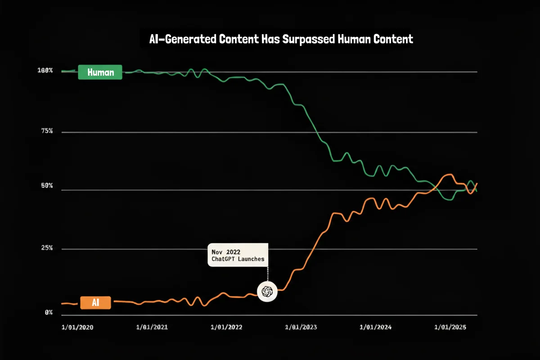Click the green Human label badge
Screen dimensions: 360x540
[x=100, y=72]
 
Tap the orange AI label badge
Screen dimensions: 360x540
[x=95, y=303]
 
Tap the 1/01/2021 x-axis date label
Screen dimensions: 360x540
[x=153, y=328]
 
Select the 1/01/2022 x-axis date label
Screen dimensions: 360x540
[x=226, y=328]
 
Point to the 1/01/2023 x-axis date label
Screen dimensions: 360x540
[x=301, y=328]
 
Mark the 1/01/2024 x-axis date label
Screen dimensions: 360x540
[x=376, y=328]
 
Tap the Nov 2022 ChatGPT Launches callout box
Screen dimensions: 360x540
[x=238, y=255]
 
